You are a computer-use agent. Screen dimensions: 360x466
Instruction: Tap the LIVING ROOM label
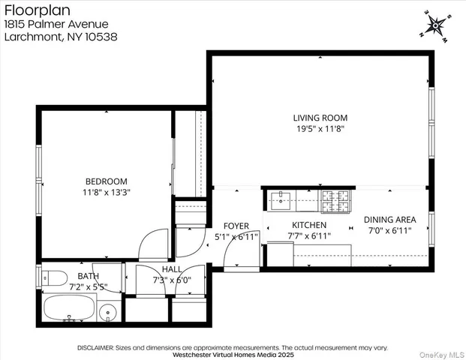click(x=320, y=118)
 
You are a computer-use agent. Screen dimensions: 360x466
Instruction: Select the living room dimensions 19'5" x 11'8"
click(x=320, y=128)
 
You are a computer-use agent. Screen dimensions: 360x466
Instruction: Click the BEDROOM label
click(x=106, y=181)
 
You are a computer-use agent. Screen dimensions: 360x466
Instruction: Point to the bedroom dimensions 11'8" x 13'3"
click(x=106, y=192)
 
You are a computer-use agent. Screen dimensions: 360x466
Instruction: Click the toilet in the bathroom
click(x=52, y=277)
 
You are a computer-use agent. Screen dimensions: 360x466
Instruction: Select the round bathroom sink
click(x=110, y=311)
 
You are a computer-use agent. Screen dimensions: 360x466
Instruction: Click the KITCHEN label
click(x=309, y=225)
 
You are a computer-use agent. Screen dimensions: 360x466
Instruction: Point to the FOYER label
click(x=236, y=226)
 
